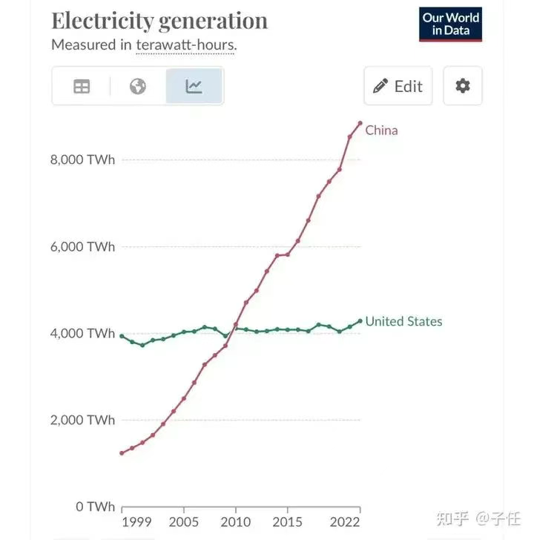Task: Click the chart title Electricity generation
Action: click(x=159, y=21)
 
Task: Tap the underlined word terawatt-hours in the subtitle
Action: click(x=185, y=45)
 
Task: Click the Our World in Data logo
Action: click(x=451, y=24)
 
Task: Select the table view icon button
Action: click(x=82, y=87)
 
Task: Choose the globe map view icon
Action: click(x=137, y=87)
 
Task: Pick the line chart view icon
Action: click(x=194, y=87)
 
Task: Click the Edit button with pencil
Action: click(x=398, y=86)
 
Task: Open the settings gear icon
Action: click(x=463, y=86)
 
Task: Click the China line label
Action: click(x=381, y=131)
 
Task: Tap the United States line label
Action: click(x=403, y=321)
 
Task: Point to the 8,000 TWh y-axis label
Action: click(x=83, y=159)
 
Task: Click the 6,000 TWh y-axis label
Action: click(x=83, y=247)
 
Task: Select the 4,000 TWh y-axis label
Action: click(x=83, y=334)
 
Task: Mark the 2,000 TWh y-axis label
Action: click(x=83, y=420)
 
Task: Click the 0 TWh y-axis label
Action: click(x=94, y=507)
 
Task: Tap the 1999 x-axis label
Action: click(x=136, y=521)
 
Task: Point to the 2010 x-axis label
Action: click(x=236, y=521)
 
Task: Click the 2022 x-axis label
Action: click(x=346, y=521)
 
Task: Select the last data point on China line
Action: click(x=360, y=123)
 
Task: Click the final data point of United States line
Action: click(x=360, y=321)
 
